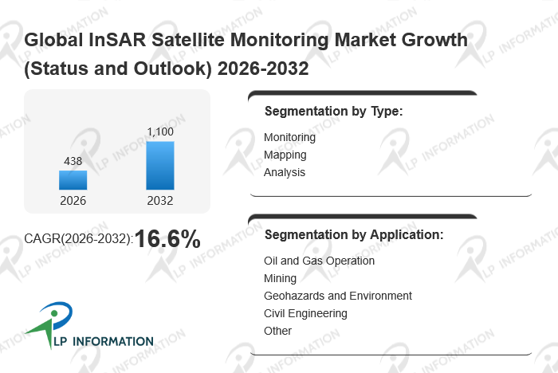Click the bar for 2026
(x=73, y=180)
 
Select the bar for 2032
(x=159, y=166)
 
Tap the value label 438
(x=73, y=161)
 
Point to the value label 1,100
(x=159, y=132)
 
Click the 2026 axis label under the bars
(x=73, y=201)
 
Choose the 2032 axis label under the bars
(x=159, y=201)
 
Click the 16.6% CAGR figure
(x=167, y=238)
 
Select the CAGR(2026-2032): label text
(x=79, y=239)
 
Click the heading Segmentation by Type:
(x=333, y=112)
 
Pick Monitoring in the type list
(x=289, y=137)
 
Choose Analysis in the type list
(x=285, y=172)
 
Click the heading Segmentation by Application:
(x=353, y=235)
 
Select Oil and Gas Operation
(x=319, y=261)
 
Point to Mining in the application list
(x=280, y=278)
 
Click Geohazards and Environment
(x=337, y=296)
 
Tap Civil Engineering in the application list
(x=305, y=313)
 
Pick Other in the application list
(x=277, y=331)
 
